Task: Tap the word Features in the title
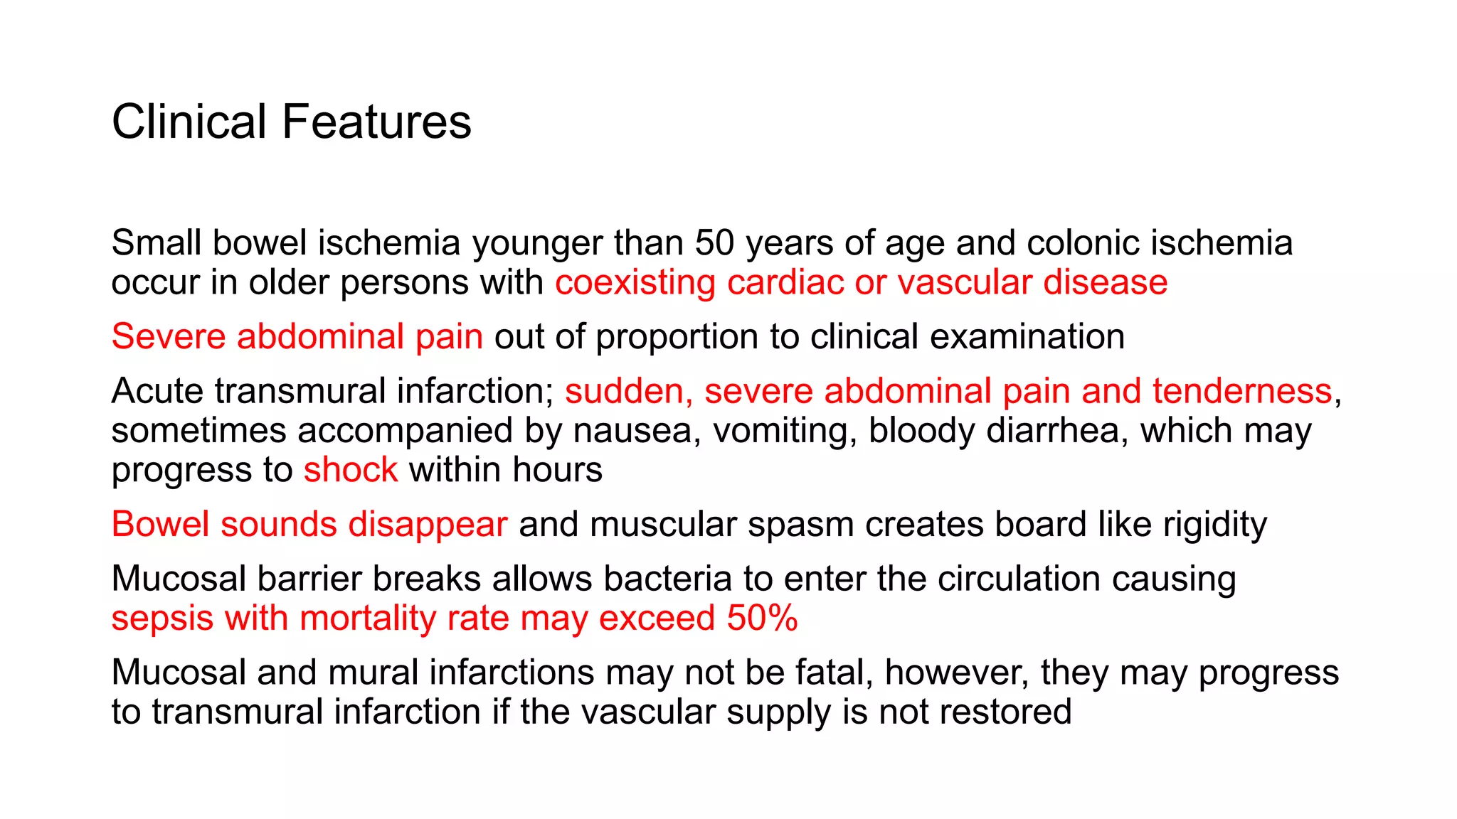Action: coord(376,122)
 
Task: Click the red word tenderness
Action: coord(1242,391)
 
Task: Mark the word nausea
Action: coord(632,431)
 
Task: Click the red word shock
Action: coord(351,470)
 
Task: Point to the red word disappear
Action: coord(428,525)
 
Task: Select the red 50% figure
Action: coord(762,618)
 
